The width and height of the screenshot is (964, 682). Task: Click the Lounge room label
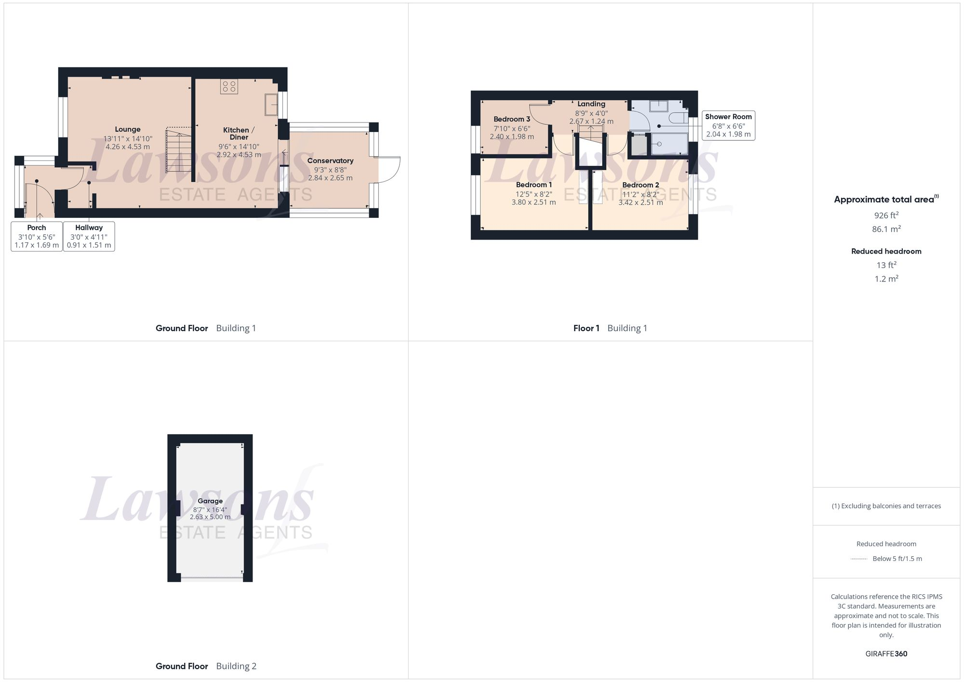pyautogui.click(x=128, y=129)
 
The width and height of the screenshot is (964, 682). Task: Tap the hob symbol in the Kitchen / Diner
pyautogui.click(x=229, y=87)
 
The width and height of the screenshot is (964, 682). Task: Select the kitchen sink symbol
pyautogui.click(x=271, y=105)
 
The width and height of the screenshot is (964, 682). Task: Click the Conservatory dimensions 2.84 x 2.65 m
pyautogui.click(x=330, y=178)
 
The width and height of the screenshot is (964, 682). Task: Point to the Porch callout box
pyautogui.click(x=37, y=236)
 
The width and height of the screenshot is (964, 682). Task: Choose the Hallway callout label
pyautogui.click(x=89, y=227)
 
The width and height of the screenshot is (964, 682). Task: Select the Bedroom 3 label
pyautogui.click(x=511, y=119)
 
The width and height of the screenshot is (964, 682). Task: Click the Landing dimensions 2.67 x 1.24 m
pyautogui.click(x=591, y=121)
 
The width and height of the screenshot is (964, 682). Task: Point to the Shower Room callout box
pyautogui.click(x=728, y=125)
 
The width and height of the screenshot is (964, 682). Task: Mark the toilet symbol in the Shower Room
pyautogui.click(x=679, y=118)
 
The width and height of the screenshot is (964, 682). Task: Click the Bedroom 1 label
pyautogui.click(x=534, y=185)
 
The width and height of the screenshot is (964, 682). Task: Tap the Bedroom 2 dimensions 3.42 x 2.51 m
pyautogui.click(x=640, y=202)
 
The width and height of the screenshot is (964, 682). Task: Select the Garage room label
pyautogui.click(x=210, y=501)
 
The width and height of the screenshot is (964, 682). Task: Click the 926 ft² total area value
pyautogui.click(x=886, y=215)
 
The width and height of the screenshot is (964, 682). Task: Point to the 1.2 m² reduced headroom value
pyautogui.click(x=886, y=279)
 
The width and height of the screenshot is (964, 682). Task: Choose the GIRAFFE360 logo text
pyautogui.click(x=886, y=654)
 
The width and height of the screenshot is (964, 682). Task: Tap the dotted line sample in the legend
pyautogui.click(x=859, y=559)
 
